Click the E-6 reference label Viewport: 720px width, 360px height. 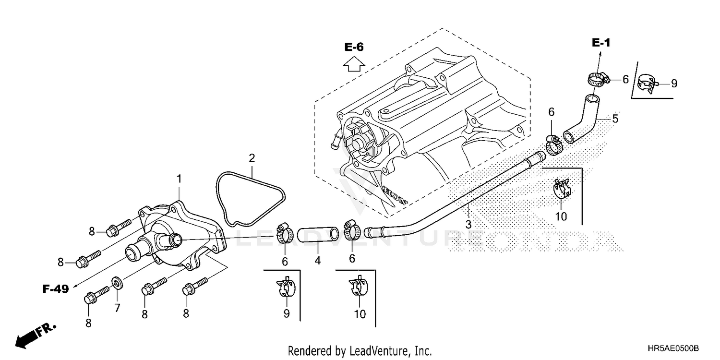pos(354,47)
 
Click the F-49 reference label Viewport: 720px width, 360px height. pos(55,289)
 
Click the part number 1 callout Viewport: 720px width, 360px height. pos(179,179)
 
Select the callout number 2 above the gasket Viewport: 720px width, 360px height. pos(252,158)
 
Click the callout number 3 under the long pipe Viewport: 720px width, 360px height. pos(468,224)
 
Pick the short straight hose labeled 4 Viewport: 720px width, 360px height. pos(318,235)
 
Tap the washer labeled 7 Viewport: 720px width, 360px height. pos(116,281)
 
